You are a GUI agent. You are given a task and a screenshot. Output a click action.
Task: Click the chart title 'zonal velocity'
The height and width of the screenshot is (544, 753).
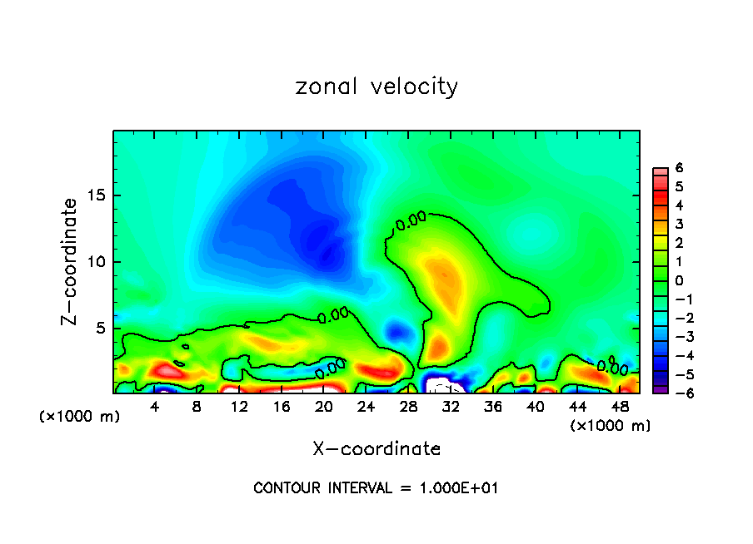pos(376,87)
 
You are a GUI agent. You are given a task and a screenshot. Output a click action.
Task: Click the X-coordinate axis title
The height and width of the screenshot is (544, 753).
pos(376,449)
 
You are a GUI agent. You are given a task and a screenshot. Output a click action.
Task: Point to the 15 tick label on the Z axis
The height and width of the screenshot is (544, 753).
pos(96,195)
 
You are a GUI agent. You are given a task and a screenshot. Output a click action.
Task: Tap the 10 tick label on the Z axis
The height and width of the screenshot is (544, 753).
pos(96,262)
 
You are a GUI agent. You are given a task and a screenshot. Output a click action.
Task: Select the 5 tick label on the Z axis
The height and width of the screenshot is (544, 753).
pos(100,329)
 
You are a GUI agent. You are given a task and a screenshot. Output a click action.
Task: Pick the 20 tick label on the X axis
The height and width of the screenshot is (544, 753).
pos(324,407)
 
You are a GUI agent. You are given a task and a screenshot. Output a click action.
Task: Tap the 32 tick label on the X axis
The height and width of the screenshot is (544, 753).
pos(451,407)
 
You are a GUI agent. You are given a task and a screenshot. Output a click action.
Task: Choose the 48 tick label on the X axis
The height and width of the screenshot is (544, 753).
pos(620,407)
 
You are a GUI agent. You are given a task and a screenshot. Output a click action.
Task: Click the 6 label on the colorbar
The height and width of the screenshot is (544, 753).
pos(679,168)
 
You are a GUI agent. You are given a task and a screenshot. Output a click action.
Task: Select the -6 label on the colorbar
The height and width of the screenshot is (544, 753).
pos(676,393)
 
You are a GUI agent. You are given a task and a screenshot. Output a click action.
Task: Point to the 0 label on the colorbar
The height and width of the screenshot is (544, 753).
pos(679,280)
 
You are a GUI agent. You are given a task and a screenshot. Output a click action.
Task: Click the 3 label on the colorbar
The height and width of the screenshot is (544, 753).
pos(679,224)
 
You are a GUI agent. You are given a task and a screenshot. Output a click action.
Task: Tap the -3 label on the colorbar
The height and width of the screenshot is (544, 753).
pos(676,337)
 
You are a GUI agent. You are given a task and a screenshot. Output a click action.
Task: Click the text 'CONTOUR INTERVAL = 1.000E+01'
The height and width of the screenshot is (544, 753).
pos(376,488)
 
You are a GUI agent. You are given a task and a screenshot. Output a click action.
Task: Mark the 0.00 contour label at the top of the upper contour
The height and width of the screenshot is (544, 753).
pos(411,220)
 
